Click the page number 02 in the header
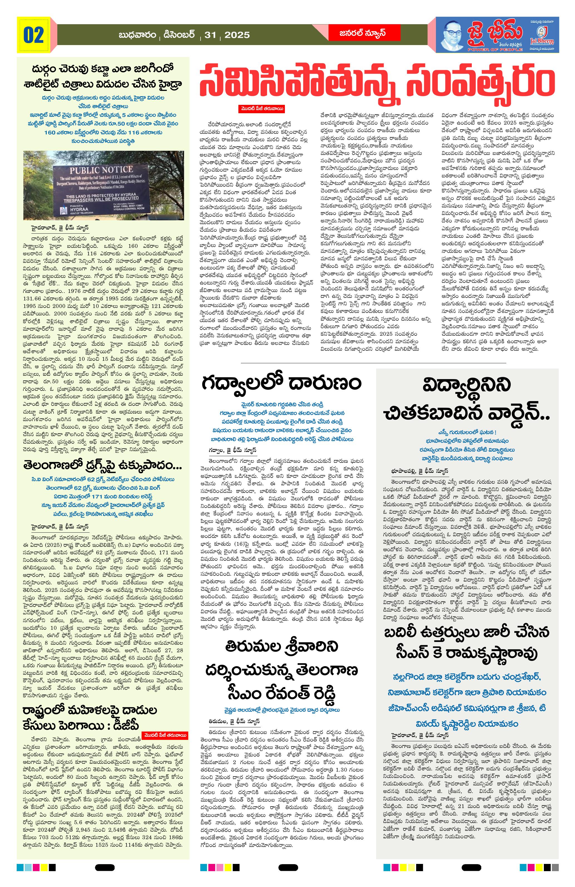[x=34, y=35]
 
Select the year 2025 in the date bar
[x=237, y=35]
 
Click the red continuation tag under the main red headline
[x=261, y=109]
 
